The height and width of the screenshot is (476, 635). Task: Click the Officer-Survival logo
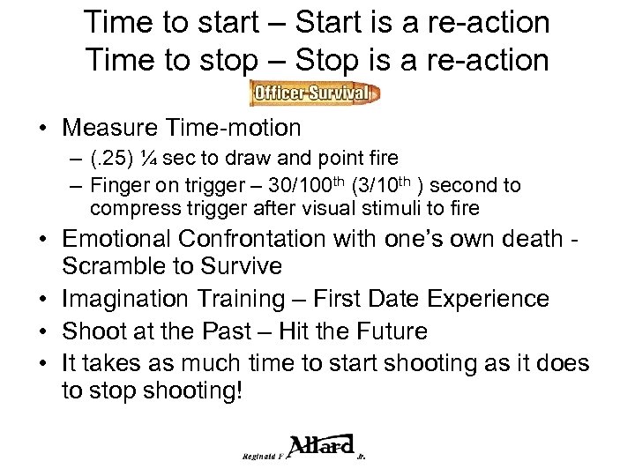(x=315, y=92)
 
